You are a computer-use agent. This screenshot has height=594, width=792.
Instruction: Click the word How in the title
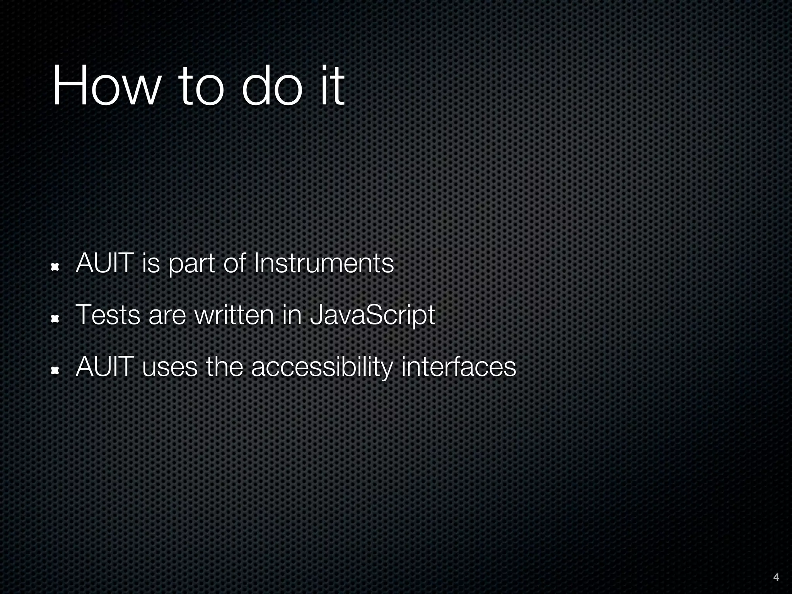(x=106, y=85)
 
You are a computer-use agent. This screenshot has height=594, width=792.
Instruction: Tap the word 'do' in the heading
(x=271, y=85)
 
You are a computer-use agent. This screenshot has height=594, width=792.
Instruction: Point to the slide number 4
(x=776, y=577)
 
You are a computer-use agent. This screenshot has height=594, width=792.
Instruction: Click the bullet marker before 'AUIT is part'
(x=55, y=267)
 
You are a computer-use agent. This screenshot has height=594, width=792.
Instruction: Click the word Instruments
(x=323, y=263)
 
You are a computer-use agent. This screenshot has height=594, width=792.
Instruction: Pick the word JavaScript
(x=372, y=316)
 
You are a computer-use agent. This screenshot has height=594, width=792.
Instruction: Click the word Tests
(x=108, y=315)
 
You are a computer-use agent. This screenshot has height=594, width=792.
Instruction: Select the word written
(x=234, y=315)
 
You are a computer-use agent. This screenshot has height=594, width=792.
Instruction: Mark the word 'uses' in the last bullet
(x=170, y=367)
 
